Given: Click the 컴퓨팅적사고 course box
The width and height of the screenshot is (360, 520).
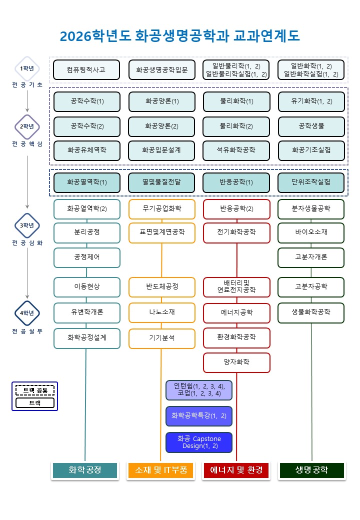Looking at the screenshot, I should pyautogui.click(x=86, y=70).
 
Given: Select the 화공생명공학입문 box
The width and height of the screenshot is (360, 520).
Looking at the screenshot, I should pyautogui.click(x=161, y=70).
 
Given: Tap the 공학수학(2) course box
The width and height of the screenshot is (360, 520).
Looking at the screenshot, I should pyautogui.click(x=87, y=126).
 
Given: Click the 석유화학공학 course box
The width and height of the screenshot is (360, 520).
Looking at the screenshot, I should pyautogui.click(x=236, y=150).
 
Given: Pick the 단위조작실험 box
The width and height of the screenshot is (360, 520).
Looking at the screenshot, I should pyautogui.click(x=311, y=182).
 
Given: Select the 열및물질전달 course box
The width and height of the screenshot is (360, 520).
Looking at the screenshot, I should pyautogui.click(x=161, y=182).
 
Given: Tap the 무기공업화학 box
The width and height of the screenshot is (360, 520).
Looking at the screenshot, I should pyautogui.click(x=161, y=208).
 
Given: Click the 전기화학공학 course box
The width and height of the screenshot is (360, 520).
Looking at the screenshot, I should pyautogui.click(x=236, y=232).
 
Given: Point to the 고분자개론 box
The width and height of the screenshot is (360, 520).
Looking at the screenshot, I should pyautogui.click(x=311, y=257).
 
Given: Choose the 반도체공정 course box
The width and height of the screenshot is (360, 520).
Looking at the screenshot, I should pyautogui.click(x=161, y=287).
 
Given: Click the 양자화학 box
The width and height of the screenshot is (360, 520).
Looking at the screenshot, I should pyautogui.click(x=236, y=362).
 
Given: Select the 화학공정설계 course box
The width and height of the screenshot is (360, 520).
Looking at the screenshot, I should pyautogui.click(x=87, y=338).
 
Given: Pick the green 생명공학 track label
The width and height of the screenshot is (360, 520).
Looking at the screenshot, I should pyautogui.click(x=311, y=470).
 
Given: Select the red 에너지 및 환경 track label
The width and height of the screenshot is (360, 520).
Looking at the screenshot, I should pyautogui.click(x=236, y=470).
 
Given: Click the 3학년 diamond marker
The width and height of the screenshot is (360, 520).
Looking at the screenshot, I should pyautogui.click(x=27, y=225).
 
